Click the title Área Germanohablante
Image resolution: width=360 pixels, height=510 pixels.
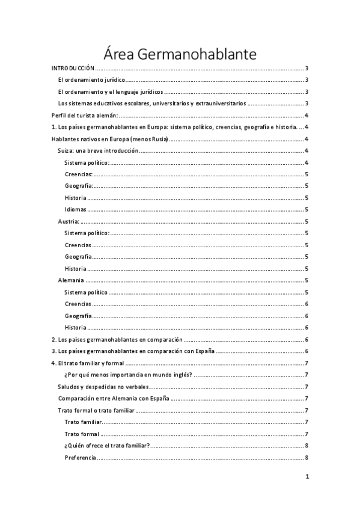(x=180, y=54)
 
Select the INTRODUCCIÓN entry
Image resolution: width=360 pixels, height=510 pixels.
(x=73, y=69)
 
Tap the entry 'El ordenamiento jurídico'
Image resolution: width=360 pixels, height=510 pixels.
(x=91, y=80)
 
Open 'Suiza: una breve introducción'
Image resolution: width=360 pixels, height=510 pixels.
(x=97, y=151)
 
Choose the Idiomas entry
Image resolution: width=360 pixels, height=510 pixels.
(x=76, y=210)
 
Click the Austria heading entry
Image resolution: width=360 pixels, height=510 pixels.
(x=69, y=221)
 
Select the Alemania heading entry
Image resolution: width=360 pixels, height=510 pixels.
(x=71, y=280)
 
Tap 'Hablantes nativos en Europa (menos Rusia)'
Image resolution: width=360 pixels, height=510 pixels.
(x=110, y=139)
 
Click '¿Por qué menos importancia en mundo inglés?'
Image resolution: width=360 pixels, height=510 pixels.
(x=128, y=375)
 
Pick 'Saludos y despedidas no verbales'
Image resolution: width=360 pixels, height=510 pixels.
(x=103, y=387)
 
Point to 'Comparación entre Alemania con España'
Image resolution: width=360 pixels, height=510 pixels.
(x=113, y=398)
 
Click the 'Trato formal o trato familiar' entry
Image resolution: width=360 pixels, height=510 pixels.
(x=96, y=410)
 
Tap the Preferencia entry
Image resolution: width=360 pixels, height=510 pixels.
(x=80, y=458)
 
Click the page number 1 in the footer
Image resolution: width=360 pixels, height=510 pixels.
(x=307, y=477)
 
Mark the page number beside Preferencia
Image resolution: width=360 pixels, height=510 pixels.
(x=307, y=458)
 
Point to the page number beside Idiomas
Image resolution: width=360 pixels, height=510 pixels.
(x=307, y=210)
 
